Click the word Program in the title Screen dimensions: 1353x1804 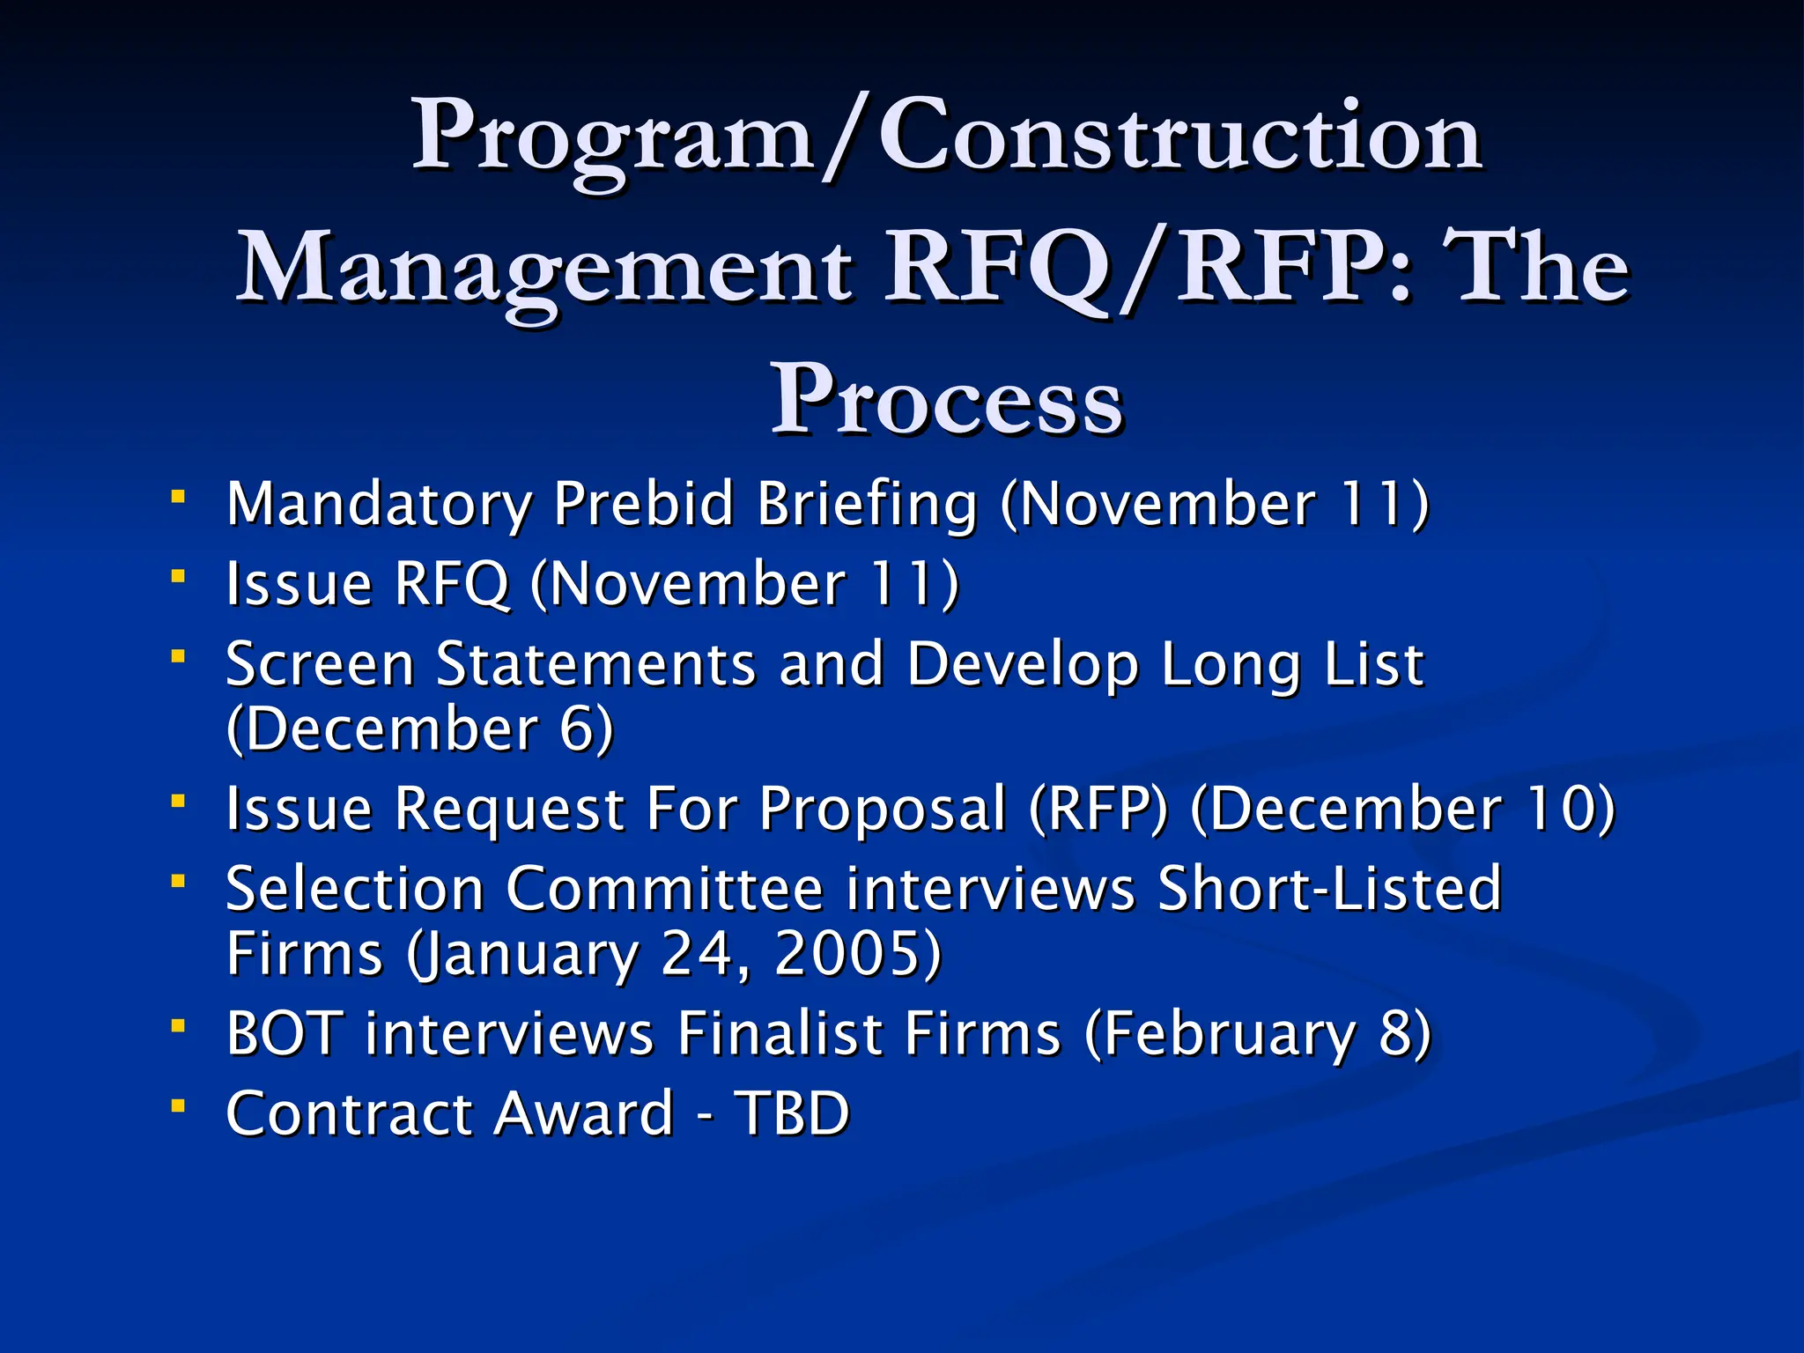pyautogui.click(x=612, y=137)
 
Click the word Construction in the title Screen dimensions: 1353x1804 pyautogui.click(x=1180, y=137)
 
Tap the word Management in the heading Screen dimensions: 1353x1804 pyautogui.click(x=544, y=269)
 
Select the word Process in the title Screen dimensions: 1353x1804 pyautogui.click(x=947, y=401)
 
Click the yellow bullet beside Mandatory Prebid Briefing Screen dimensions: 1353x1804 pyautogui.click(x=179, y=498)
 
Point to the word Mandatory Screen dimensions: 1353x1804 pyautogui.click(x=379, y=505)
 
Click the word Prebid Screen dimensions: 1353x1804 pyautogui.click(x=643, y=505)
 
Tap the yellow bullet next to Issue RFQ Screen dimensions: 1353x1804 pyautogui.click(x=179, y=577)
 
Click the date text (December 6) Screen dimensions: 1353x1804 pyautogui.click(x=419, y=729)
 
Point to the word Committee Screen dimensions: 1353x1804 pyautogui.click(x=665, y=889)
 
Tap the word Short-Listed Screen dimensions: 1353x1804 pyautogui.click(x=1329, y=889)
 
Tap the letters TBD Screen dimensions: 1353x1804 pyautogui.click(x=793, y=1113)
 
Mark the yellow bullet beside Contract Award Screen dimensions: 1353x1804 pyautogui.click(x=179, y=1105)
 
